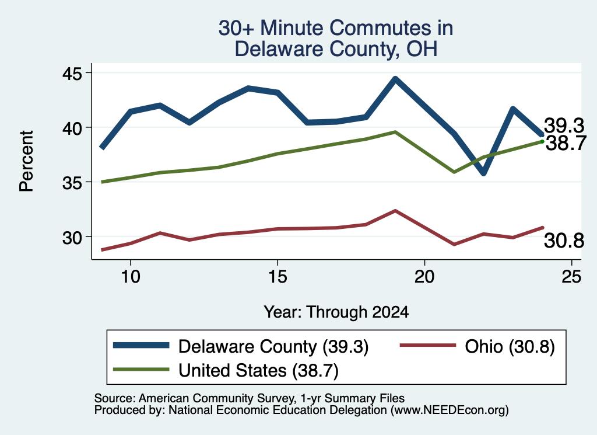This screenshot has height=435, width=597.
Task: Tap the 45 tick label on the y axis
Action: tap(72, 73)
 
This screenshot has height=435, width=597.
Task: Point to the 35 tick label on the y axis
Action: tap(72, 183)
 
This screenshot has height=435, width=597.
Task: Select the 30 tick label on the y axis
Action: tap(72, 238)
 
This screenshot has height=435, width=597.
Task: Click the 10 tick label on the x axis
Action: tap(131, 276)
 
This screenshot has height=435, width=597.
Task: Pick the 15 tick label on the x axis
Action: tap(278, 276)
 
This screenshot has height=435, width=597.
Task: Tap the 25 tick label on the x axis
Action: tap(571, 276)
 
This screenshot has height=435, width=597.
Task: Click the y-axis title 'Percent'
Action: tap(26, 161)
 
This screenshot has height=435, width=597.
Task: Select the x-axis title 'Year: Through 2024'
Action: tap(336, 312)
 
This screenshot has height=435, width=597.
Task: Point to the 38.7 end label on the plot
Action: tap(566, 144)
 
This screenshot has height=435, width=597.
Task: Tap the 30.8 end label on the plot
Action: tap(564, 241)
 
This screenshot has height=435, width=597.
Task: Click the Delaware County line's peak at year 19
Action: tap(395, 79)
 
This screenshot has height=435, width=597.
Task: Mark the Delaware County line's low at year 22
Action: tap(483, 173)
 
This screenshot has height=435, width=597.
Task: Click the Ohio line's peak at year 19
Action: tap(395, 210)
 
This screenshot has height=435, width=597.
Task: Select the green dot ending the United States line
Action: tap(542, 141)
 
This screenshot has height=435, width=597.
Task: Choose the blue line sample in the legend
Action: tap(141, 345)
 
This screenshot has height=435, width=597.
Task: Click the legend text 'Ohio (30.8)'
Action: tap(510, 347)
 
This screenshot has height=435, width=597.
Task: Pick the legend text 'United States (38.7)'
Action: tap(258, 371)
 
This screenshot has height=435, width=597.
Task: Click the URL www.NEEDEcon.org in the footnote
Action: tap(449, 410)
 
